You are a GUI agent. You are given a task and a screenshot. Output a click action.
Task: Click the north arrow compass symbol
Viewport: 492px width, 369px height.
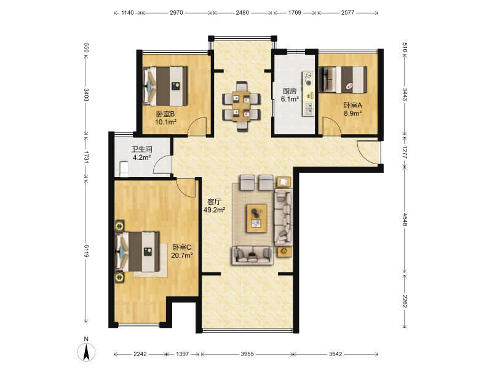click(x=86, y=352)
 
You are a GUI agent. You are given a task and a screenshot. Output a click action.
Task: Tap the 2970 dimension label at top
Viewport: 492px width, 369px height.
click(x=177, y=12)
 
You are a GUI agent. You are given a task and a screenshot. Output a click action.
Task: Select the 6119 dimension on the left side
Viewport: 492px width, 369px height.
click(x=86, y=251)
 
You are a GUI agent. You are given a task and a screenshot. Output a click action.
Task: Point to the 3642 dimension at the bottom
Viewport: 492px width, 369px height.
click(x=335, y=354)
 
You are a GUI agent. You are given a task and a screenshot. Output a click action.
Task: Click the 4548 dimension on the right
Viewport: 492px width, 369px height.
click(x=405, y=220)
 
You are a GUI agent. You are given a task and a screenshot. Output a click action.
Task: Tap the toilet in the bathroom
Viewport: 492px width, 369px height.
click(x=124, y=169)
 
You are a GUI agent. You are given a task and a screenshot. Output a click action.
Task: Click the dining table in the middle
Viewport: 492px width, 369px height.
click(x=241, y=106)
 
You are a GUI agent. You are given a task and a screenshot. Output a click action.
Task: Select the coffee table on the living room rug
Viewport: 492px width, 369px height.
click(x=256, y=218)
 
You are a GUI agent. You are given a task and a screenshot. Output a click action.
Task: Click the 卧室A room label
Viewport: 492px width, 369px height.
click(x=352, y=105)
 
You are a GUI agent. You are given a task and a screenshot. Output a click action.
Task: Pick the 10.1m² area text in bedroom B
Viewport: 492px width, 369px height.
click(x=165, y=122)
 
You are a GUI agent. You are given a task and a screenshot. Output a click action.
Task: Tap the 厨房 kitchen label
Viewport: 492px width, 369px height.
click(x=289, y=91)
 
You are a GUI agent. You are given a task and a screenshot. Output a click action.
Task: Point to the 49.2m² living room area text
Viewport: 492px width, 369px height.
click(x=214, y=210)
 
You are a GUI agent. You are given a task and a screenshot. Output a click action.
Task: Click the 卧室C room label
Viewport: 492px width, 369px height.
click(x=181, y=247)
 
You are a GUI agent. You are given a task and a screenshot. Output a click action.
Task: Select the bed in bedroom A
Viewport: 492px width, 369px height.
click(x=343, y=79)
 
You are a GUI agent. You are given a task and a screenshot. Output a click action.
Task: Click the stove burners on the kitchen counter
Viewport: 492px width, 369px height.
click(x=309, y=79)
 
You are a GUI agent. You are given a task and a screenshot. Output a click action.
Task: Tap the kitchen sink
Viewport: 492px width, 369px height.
click(x=309, y=108)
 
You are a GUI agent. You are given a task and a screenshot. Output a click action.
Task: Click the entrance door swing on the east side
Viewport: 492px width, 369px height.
click(x=368, y=153)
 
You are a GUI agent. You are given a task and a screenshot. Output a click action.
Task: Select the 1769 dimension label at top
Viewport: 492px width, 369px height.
click(x=295, y=12)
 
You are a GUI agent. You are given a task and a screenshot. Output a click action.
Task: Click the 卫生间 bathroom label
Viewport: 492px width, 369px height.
click(x=141, y=149)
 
